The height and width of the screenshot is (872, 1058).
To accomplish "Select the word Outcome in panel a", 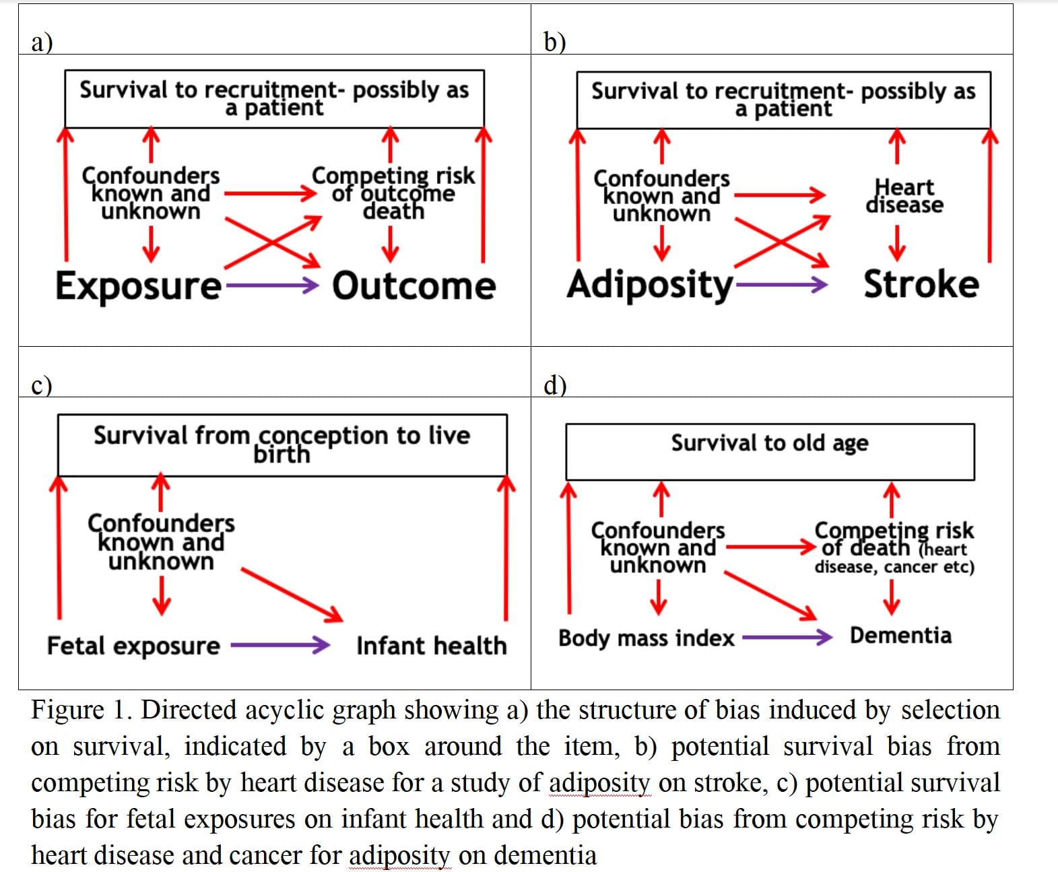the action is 414,286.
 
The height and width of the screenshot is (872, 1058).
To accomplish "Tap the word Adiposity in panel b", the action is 650,286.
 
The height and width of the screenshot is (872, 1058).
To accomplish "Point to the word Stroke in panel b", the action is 921,284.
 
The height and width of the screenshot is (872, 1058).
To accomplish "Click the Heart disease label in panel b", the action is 904,196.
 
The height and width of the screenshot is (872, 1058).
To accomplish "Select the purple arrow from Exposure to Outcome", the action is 272,286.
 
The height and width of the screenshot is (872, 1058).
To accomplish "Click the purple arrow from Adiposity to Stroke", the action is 781,284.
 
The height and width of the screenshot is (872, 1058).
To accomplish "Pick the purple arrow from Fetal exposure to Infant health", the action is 280,645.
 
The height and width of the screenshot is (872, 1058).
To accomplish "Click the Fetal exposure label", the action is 134,646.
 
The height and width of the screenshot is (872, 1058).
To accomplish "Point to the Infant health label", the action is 432,646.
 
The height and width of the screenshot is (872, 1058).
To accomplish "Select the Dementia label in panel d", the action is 901,636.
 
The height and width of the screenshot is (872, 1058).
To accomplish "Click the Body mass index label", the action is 646,638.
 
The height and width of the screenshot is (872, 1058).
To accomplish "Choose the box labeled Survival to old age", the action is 770,452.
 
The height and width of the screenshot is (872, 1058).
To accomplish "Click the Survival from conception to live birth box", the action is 282,445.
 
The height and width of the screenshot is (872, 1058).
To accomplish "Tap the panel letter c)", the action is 41,385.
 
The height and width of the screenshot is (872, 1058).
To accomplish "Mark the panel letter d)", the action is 554,385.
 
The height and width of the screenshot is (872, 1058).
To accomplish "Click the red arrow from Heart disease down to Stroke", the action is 897,244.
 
